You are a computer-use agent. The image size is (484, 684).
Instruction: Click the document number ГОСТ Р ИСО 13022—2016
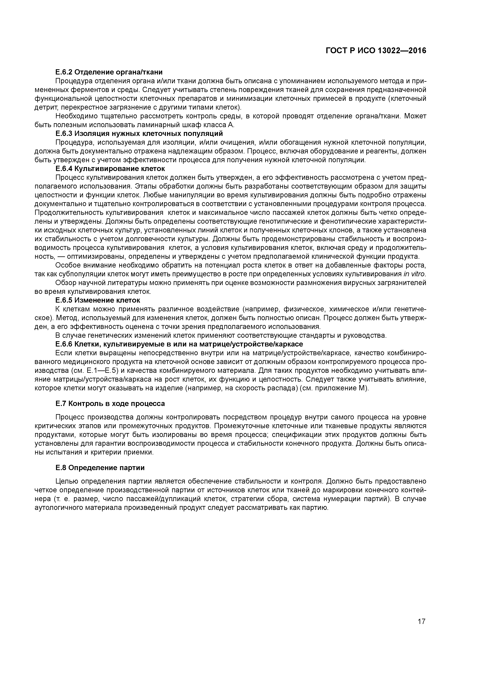[x=376, y=51]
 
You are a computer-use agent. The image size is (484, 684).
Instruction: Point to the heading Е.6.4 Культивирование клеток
[x=110, y=169]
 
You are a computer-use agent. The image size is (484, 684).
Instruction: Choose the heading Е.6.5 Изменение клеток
[x=98, y=300]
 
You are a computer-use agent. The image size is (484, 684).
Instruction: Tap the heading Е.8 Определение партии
[x=100, y=468]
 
